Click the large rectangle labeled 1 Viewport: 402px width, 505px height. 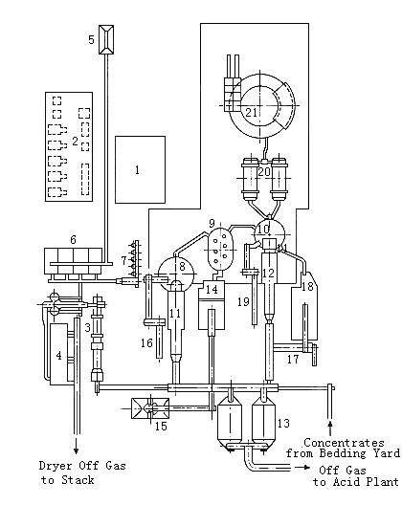[141, 169]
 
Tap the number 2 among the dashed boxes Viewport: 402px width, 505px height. [75, 141]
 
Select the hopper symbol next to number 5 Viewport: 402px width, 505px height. [106, 39]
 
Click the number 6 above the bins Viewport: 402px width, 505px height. [73, 239]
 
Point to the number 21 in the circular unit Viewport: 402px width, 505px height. [252, 113]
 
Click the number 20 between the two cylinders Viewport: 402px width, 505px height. [264, 171]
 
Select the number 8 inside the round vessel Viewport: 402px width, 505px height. [182, 266]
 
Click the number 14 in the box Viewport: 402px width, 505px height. [212, 289]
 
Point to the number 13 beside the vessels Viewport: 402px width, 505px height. [283, 423]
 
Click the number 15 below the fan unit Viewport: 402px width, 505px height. [161, 427]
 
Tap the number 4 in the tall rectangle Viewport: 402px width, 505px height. [58, 356]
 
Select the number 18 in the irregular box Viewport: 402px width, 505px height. [307, 286]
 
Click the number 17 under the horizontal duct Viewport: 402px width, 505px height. [293, 359]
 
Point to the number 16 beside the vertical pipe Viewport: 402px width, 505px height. [146, 342]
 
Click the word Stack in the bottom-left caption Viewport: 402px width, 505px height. [78, 480]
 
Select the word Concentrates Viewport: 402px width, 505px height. [344, 443]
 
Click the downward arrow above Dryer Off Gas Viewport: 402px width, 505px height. [76, 446]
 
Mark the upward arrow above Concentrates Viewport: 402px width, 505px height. [329, 428]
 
